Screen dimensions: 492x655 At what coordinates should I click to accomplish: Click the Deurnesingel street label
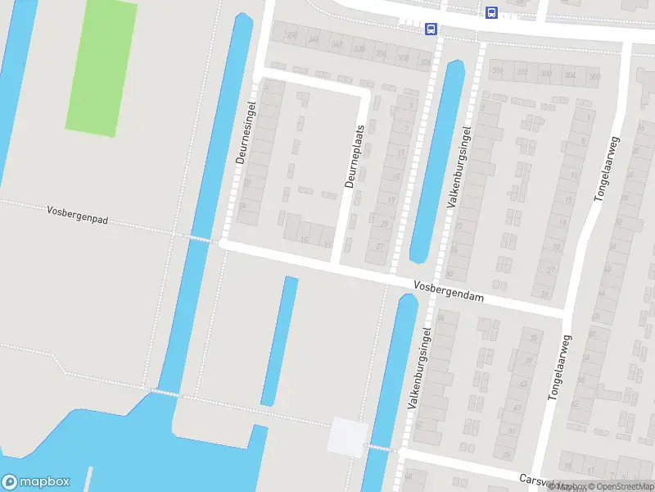(x=241, y=133)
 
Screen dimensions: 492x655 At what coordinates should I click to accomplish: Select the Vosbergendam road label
(x=448, y=292)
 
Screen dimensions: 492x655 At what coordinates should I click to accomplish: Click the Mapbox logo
(x=35, y=482)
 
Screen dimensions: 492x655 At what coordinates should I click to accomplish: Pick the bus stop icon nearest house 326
(x=431, y=30)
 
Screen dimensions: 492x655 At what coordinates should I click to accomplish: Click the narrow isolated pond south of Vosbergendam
(x=279, y=340)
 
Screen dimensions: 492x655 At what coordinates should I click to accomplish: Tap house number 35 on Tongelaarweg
(x=535, y=338)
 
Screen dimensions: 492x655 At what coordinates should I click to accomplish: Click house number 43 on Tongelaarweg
(x=517, y=407)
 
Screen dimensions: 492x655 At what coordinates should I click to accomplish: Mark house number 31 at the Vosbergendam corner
(x=544, y=294)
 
